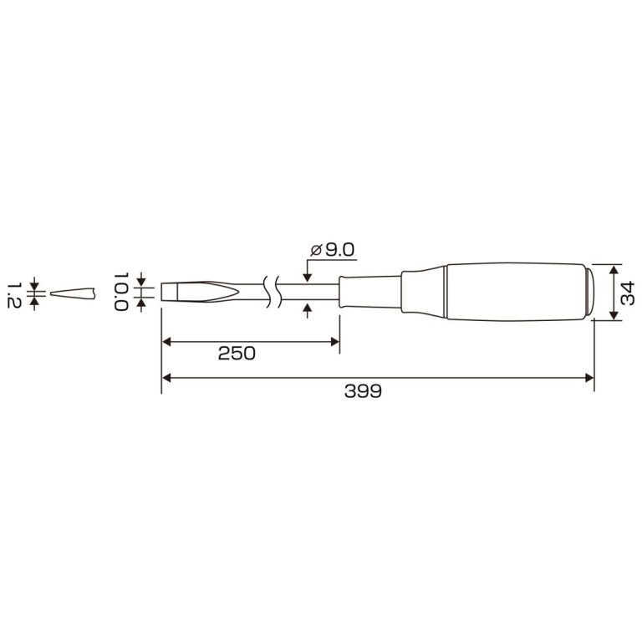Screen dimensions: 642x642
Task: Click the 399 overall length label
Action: click(x=363, y=391)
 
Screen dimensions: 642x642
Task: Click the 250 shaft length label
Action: click(x=237, y=354)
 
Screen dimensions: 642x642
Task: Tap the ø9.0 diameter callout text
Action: click(x=332, y=250)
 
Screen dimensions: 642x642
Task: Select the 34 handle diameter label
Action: click(x=627, y=293)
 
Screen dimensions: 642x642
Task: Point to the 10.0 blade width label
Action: click(x=121, y=292)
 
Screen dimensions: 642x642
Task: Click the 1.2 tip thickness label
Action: click(x=14, y=294)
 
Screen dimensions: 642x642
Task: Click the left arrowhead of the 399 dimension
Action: click(x=166, y=378)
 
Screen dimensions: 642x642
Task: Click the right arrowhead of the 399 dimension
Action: click(x=589, y=378)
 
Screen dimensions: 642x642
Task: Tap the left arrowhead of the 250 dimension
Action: click(x=166, y=341)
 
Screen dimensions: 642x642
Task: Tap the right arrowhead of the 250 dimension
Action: click(x=335, y=341)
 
